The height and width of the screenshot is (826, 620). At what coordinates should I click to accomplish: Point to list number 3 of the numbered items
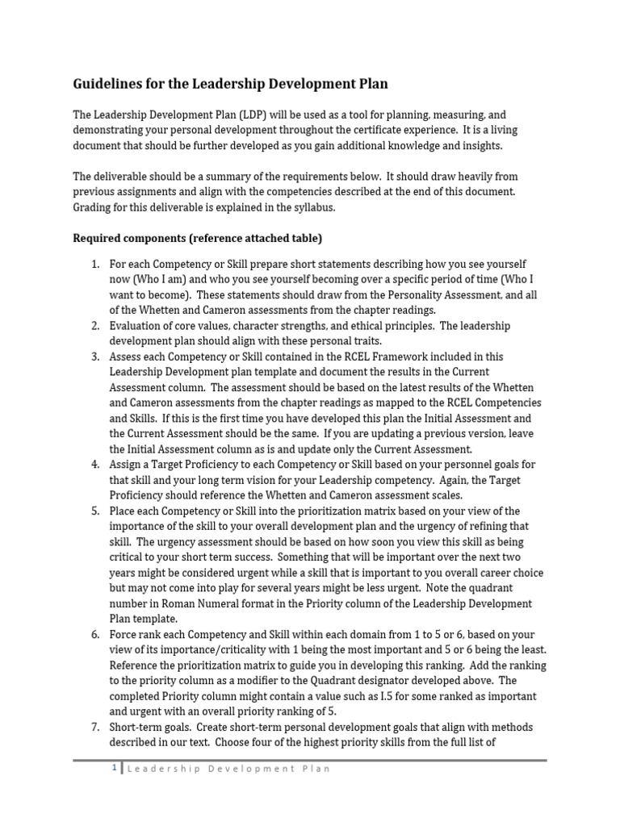tap(94, 357)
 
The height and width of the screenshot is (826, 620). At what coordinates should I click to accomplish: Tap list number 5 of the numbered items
tap(94, 511)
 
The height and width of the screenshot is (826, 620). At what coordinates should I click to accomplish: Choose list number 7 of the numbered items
tap(94, 727)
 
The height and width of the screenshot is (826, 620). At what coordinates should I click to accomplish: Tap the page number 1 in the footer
tap(115, 770)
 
